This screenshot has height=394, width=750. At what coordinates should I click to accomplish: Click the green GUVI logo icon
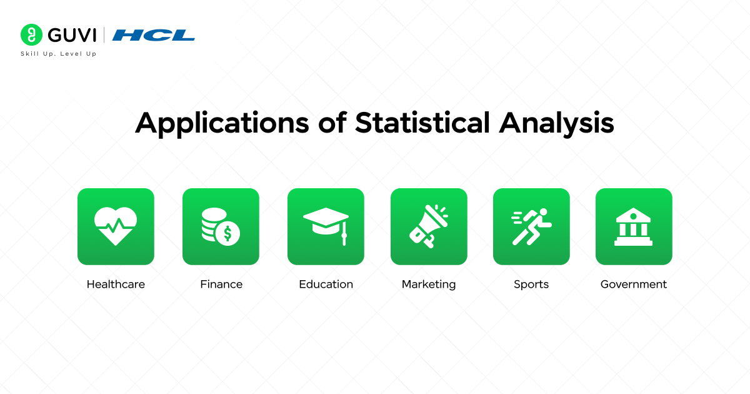tap(31, 34)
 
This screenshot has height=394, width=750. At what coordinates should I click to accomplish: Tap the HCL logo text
tap(154, 35)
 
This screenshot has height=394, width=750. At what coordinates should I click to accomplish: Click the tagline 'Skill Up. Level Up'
tap(59, 54)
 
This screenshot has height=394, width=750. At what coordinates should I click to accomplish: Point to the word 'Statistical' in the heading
tap(422, 123)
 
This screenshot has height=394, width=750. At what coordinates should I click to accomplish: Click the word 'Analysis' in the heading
tap(556, 123)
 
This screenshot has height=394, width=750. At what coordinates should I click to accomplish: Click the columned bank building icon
tap(634, 226)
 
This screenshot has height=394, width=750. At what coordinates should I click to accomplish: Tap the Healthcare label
tap(116, 285)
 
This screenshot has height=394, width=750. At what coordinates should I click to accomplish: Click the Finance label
tap(221, 285)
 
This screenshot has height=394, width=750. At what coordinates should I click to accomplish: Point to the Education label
tap(326, 285)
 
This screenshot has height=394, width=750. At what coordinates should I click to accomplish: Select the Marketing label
tap(429, 285)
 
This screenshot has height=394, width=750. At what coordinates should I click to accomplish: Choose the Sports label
tap(531, 285)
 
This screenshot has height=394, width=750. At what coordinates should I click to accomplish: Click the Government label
tap(634, 285)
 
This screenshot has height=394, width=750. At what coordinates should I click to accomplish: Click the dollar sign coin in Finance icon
tap(228, 233)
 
